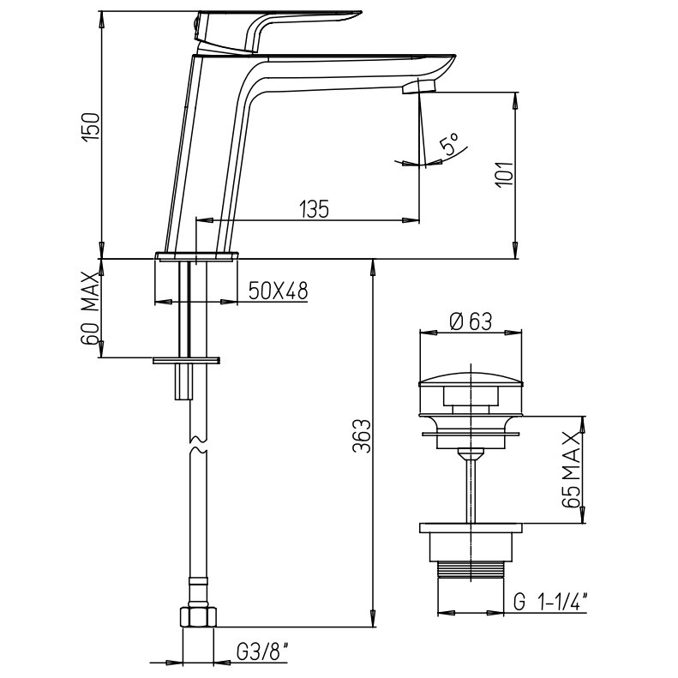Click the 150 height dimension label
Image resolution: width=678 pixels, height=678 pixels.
pos(93,127)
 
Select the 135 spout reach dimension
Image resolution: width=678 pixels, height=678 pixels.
pos(314,208)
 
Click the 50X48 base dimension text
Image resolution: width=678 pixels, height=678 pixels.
pos(278,291)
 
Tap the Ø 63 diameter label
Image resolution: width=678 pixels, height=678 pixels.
pos(470,321)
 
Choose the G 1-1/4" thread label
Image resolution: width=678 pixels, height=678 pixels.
pos(549,603)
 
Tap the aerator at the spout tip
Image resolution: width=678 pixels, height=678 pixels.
pos(418,87)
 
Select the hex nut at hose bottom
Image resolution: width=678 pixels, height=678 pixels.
pos(201,617)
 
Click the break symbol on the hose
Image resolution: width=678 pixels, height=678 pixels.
pos(197,447)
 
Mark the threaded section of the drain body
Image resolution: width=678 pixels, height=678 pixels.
pos(470,570)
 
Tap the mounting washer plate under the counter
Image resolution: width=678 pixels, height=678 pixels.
pos(186,360)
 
